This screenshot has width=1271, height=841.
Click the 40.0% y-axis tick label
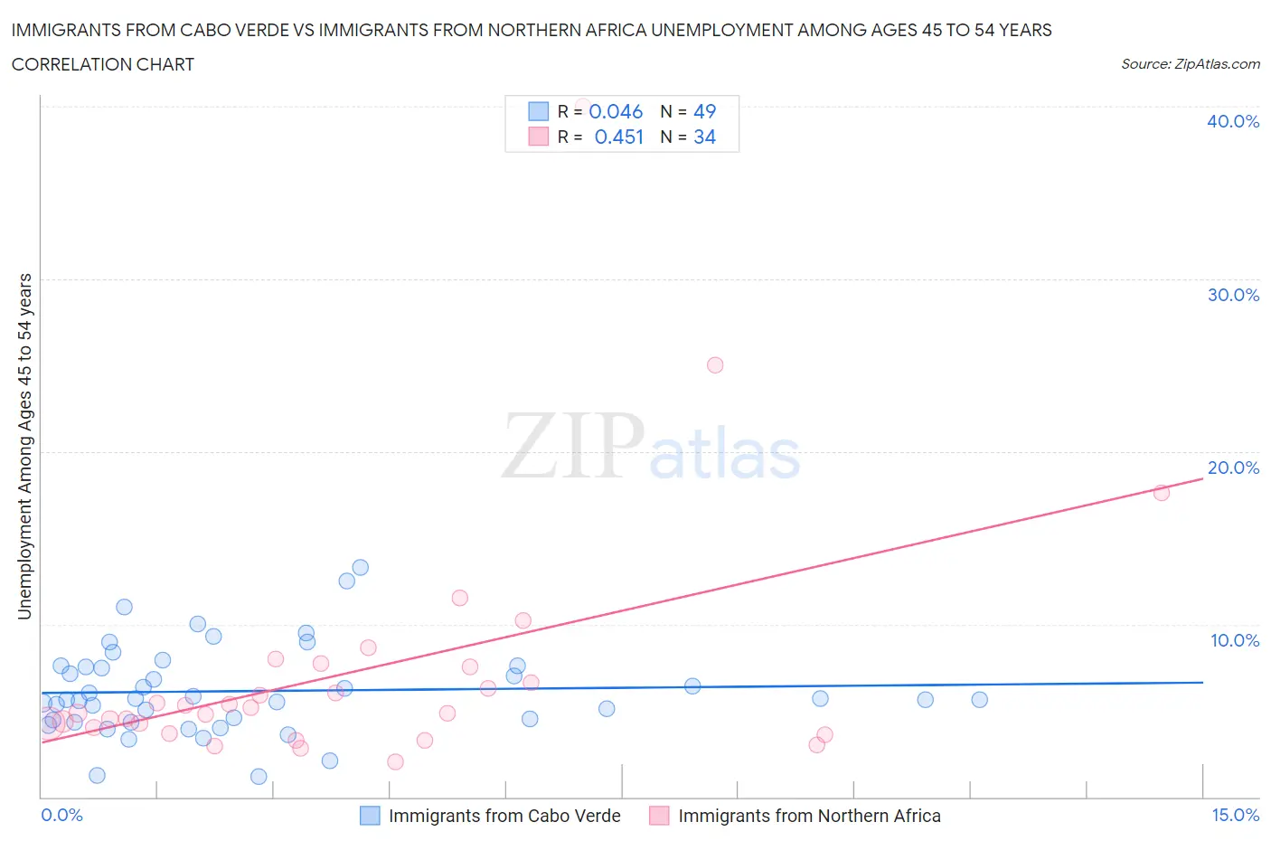[1233, 121]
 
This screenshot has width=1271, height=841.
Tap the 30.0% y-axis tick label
[1233, 295]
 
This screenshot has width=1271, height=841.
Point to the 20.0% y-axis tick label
[1233, 468]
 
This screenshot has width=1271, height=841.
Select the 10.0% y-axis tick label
[1235, 640]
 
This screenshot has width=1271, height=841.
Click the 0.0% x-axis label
[62, 815]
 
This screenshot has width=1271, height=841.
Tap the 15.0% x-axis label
[1235, 815]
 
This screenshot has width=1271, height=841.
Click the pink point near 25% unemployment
[715, 365]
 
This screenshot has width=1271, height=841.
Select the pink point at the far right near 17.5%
[1162, 493]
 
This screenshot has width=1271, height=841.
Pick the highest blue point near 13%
[360, 568]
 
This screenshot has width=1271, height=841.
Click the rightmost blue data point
[979, 699]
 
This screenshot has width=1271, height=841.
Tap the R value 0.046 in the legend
[616, 111]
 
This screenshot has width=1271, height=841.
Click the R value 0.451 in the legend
[618, 137]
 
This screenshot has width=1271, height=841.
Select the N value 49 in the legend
[704, 111]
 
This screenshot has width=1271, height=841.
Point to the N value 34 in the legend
[704, 137]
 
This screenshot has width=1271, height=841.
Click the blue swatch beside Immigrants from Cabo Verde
[370, 816]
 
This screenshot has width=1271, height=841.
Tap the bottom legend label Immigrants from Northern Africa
[809, 816]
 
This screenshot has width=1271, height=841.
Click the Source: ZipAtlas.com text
[1190, 63]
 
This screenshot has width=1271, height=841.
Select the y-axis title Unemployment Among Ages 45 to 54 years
[24, 446]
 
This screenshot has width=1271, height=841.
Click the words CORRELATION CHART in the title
[103, 64]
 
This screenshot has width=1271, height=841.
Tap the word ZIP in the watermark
[572, 445]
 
